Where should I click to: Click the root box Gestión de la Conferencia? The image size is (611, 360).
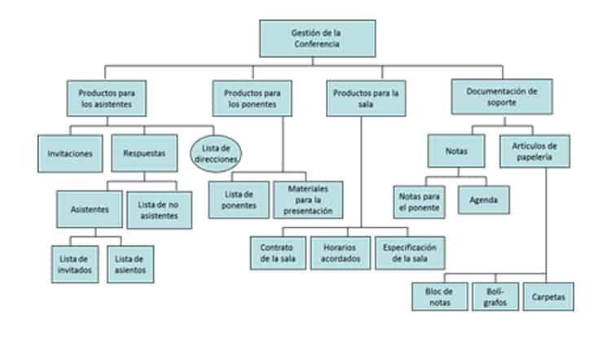318,38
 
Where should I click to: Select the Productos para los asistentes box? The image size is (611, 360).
106,99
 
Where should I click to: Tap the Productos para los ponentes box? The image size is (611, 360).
251,99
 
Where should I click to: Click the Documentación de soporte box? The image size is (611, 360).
502,97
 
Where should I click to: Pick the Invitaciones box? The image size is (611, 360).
70,152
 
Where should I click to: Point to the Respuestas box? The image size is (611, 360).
144,152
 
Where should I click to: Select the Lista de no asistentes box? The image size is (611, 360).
159,209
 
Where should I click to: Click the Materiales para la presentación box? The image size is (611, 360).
308,200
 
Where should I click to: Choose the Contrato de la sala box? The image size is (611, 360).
278,252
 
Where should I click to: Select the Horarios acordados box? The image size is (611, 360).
341,252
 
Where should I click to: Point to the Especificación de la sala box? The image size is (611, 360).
411,252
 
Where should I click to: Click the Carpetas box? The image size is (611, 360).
549,296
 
